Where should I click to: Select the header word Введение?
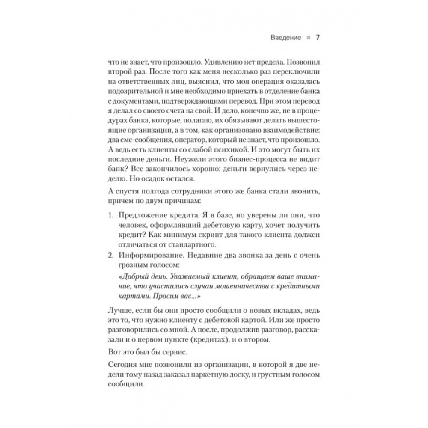coord(285,38)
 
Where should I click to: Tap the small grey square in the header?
coord(307,38)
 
